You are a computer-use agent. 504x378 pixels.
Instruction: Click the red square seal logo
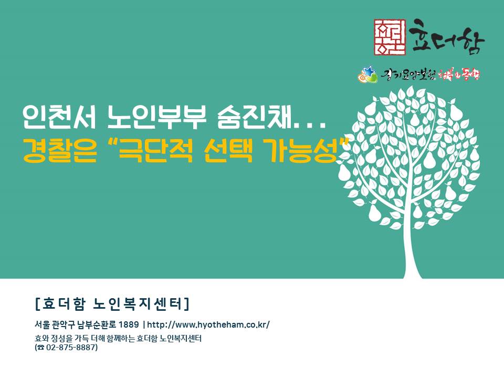pyautogui.click(x=390, y=37)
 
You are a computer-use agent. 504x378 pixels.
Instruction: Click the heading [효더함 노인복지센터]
pyautogui.click(x=112, y=304)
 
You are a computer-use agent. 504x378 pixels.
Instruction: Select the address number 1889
pyautogui.click(x=129, y=324)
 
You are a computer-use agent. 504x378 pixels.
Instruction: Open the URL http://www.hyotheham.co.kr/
pyautogui.click(x=208, y=324)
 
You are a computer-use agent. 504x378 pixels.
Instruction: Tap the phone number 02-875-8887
pyautogui.click(x=71, y=348)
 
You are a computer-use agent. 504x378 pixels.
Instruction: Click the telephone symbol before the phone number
pyautogui.click(x=41, y=348)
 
